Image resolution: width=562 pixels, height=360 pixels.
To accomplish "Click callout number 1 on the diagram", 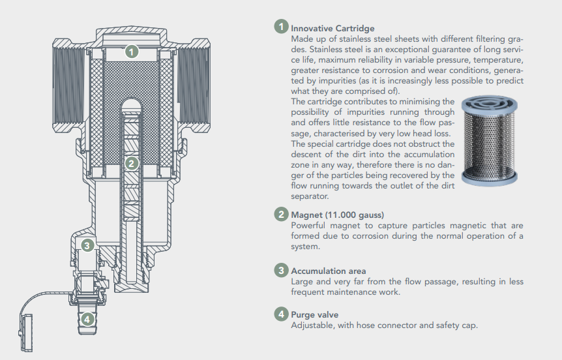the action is click(x=132, y=52).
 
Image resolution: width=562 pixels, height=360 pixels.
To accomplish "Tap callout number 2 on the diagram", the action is click(x=132, y=164).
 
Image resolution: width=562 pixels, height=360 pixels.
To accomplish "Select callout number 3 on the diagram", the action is click(x=87, y=246).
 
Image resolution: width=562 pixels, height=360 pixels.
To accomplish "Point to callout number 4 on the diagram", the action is click(x=87, y=319).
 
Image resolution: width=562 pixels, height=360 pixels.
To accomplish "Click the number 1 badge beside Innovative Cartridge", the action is click(x=282, y=27).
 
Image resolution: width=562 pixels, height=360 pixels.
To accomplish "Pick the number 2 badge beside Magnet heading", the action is click(x=282, y=214).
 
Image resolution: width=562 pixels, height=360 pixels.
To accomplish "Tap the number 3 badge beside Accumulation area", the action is click(x=282, y=270).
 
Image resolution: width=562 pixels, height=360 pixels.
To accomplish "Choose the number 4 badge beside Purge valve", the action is click(x=282, y=314).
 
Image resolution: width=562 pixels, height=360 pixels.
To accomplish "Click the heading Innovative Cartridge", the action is click(x=333, y=28).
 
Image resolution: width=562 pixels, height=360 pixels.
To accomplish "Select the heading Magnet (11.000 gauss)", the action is click(x=337, y=215).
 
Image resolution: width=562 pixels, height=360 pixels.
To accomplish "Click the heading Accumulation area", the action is click(x=329, y=271).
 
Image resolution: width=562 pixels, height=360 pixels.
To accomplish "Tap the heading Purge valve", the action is click(x=315, y=315).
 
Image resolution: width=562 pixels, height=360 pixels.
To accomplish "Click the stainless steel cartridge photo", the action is click(x=489, y=141).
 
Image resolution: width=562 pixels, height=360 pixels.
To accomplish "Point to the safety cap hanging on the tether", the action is click(x=26, y=333).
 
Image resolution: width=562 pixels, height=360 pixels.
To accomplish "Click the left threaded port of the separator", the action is click(x=69, y=85).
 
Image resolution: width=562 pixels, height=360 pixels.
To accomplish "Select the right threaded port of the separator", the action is click(x=194, y=85).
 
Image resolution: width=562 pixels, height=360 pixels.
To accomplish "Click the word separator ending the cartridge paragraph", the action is click(x=310, y=196).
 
